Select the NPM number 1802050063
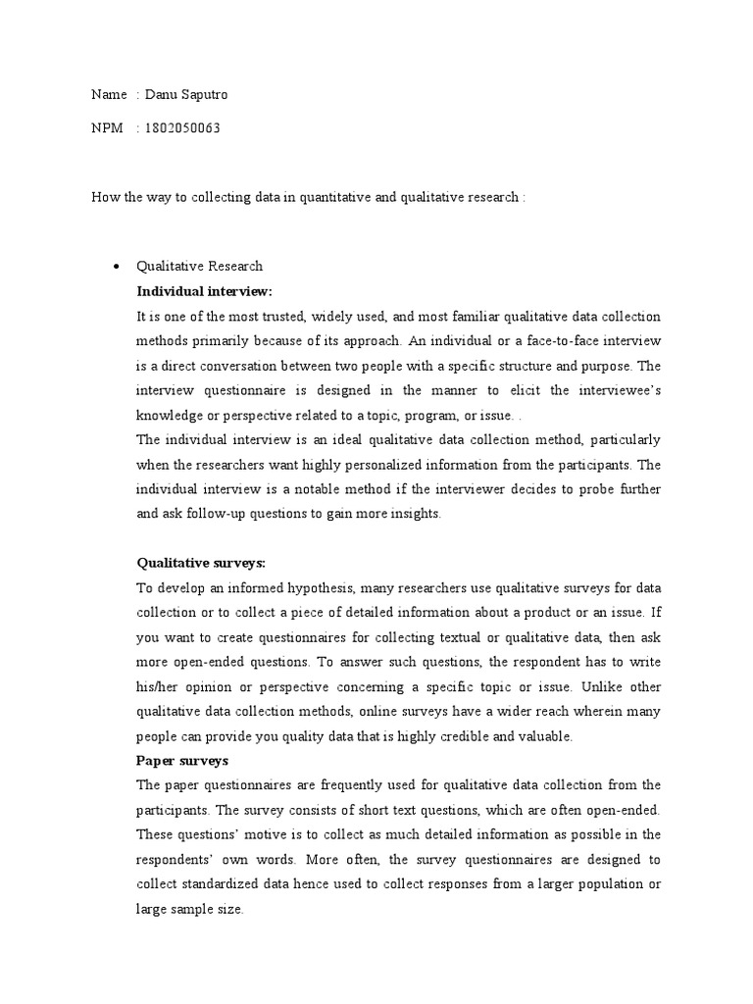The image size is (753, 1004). [x=180, y=128]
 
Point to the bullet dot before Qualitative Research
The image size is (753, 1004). [x=117, y=267]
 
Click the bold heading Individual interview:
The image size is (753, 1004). [x=204, y=291]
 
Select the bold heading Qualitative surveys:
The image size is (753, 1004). [x=201, y=563]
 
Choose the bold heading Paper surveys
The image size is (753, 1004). [x=182, y=760]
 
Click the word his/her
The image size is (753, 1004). [x=159, y=685]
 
